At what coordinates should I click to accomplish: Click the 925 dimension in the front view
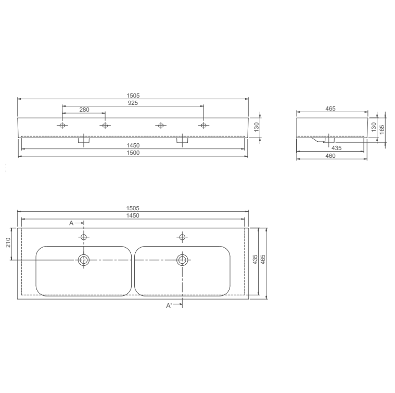133,103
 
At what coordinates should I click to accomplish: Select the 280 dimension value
84,110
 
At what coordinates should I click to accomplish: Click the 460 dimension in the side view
330,156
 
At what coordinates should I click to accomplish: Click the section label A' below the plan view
169,306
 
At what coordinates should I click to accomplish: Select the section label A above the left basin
72,223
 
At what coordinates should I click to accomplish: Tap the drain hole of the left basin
83,260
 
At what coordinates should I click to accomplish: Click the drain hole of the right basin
182,260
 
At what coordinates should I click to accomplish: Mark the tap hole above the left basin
83,237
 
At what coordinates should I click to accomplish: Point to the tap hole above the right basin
182,237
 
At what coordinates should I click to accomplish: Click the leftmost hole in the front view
62,126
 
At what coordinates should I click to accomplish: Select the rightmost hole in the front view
203,126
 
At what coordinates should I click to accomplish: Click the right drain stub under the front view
182,140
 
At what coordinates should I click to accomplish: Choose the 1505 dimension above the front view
133,96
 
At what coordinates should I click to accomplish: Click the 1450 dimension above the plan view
133,215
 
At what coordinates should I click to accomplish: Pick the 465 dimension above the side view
330,109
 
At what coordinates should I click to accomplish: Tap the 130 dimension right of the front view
256,127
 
